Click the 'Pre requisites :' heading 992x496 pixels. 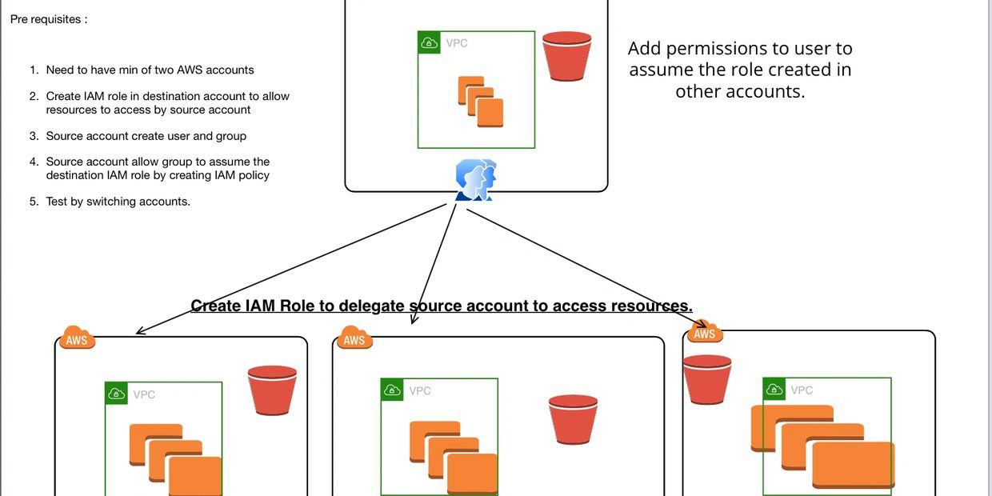click(49, 19)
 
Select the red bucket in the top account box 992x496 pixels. click(566, 56)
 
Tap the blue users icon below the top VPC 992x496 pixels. click(475, 180)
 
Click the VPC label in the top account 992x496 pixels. click(457, 43)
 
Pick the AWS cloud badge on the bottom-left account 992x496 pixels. click(77, 339)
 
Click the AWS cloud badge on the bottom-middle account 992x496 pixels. click(354, 339)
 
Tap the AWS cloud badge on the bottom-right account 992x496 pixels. click(704, 333)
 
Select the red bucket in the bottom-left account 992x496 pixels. click(272, 390)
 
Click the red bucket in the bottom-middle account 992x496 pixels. click(573, 419)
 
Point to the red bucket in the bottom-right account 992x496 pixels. click(706, 379)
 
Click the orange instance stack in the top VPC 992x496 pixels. click(481, 102)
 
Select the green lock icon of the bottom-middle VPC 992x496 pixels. click(393, 390)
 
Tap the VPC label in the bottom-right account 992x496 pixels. click(802, 390)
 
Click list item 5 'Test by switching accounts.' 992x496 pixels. click(118, 202)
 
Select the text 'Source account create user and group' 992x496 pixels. click(146, 136)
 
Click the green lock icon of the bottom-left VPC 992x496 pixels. click(117, 394)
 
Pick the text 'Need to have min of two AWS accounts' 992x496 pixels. click(150, 70)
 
